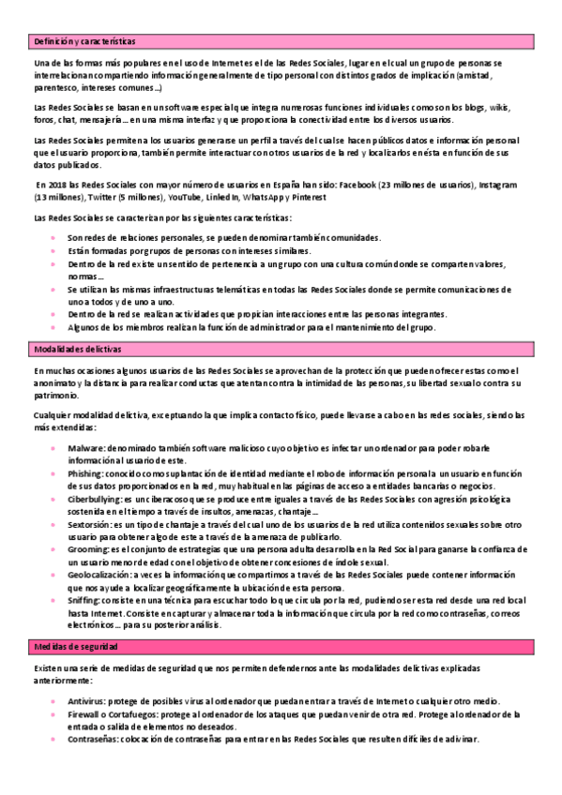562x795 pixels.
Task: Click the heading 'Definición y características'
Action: coord(84,42)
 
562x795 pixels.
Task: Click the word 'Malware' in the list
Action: coord(84,450)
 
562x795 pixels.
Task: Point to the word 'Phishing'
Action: coord(85,475)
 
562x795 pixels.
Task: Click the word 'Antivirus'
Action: coord(86,701)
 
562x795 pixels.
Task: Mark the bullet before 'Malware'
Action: coord(53,450)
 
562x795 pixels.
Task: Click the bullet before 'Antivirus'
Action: coord(53,701)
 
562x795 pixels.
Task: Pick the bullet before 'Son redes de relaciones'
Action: coord(53,238)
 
